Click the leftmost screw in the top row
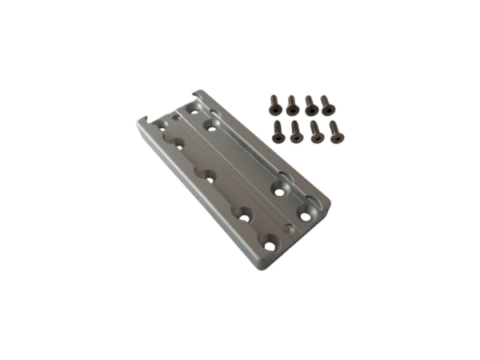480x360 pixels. click(x=272, y=102)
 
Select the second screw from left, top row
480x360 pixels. click(x=291, y=103)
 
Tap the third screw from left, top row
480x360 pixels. click(x=310, y=104)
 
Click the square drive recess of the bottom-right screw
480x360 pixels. click(x=334, y=125)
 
